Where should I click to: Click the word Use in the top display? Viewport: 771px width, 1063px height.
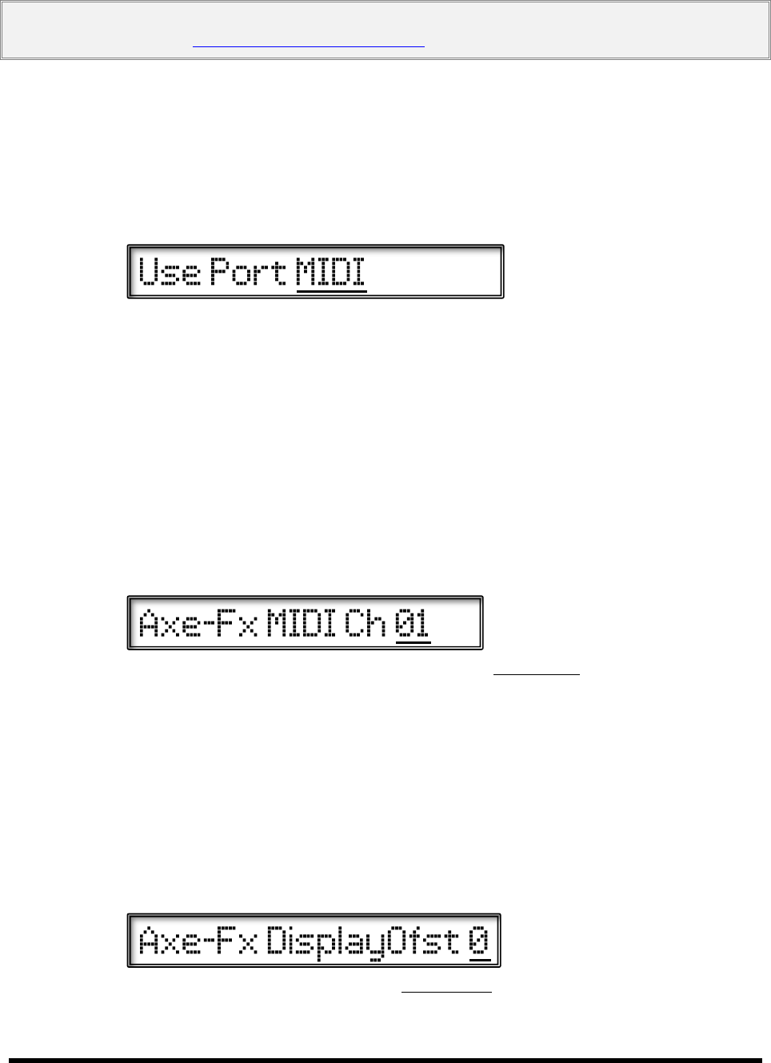[170, 272]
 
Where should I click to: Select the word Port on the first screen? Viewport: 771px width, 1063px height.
[248, 272]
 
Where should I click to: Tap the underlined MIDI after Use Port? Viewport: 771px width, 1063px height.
[331, 272]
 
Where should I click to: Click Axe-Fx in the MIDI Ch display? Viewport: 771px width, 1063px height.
[198, 623]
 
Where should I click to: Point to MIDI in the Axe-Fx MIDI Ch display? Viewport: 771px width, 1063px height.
[301, 623]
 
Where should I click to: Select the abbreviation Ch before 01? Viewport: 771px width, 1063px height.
[366, 623]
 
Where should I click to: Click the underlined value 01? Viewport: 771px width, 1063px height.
[413, 623]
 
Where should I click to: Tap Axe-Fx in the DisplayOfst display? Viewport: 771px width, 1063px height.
[198, 941]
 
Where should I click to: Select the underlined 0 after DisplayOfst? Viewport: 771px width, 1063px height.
[479, 941]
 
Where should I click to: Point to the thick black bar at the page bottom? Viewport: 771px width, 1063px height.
[385, 1059]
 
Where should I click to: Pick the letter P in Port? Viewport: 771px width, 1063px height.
[219, 272]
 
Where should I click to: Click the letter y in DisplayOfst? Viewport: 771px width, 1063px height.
[377, 944]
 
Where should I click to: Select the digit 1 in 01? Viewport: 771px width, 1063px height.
[421, 623]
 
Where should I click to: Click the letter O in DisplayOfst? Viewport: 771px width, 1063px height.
[397, 941]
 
